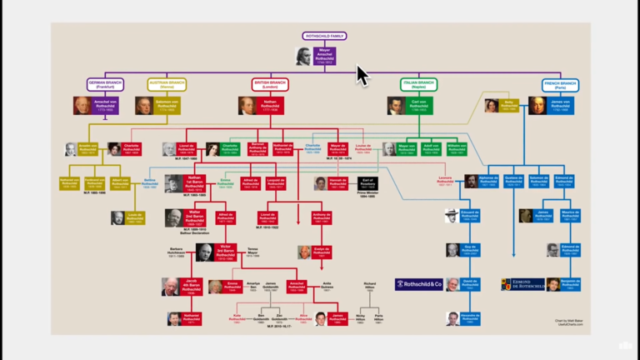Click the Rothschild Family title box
pyautogui.click(x=324, y=37)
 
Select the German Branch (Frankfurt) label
pyautogui.click(x=105, y=84)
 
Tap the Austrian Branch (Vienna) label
pyautogui.click(x=167, y=84)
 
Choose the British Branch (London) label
pyautogui.click(x=270, y=84)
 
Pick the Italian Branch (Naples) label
pyautogui.click(x=418, y=84)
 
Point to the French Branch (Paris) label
pyautogui.click(x=560, y=84)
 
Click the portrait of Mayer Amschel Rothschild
pyautogui.click(x=304, y=57)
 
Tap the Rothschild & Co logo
pyautogui.click(x=418, y=284)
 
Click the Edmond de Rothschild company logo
pyautogui.click(x=522, y=284)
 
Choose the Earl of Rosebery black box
pyautogui.click(x=367, y=183)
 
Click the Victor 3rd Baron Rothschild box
pyautogui.click(x=224, y=252)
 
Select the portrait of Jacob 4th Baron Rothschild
pyautogui.click(x=170, y=287)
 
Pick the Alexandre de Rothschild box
pyautogui.click(x=471, y=318)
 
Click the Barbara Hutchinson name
pyautogui.click(x=175, y=251)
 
